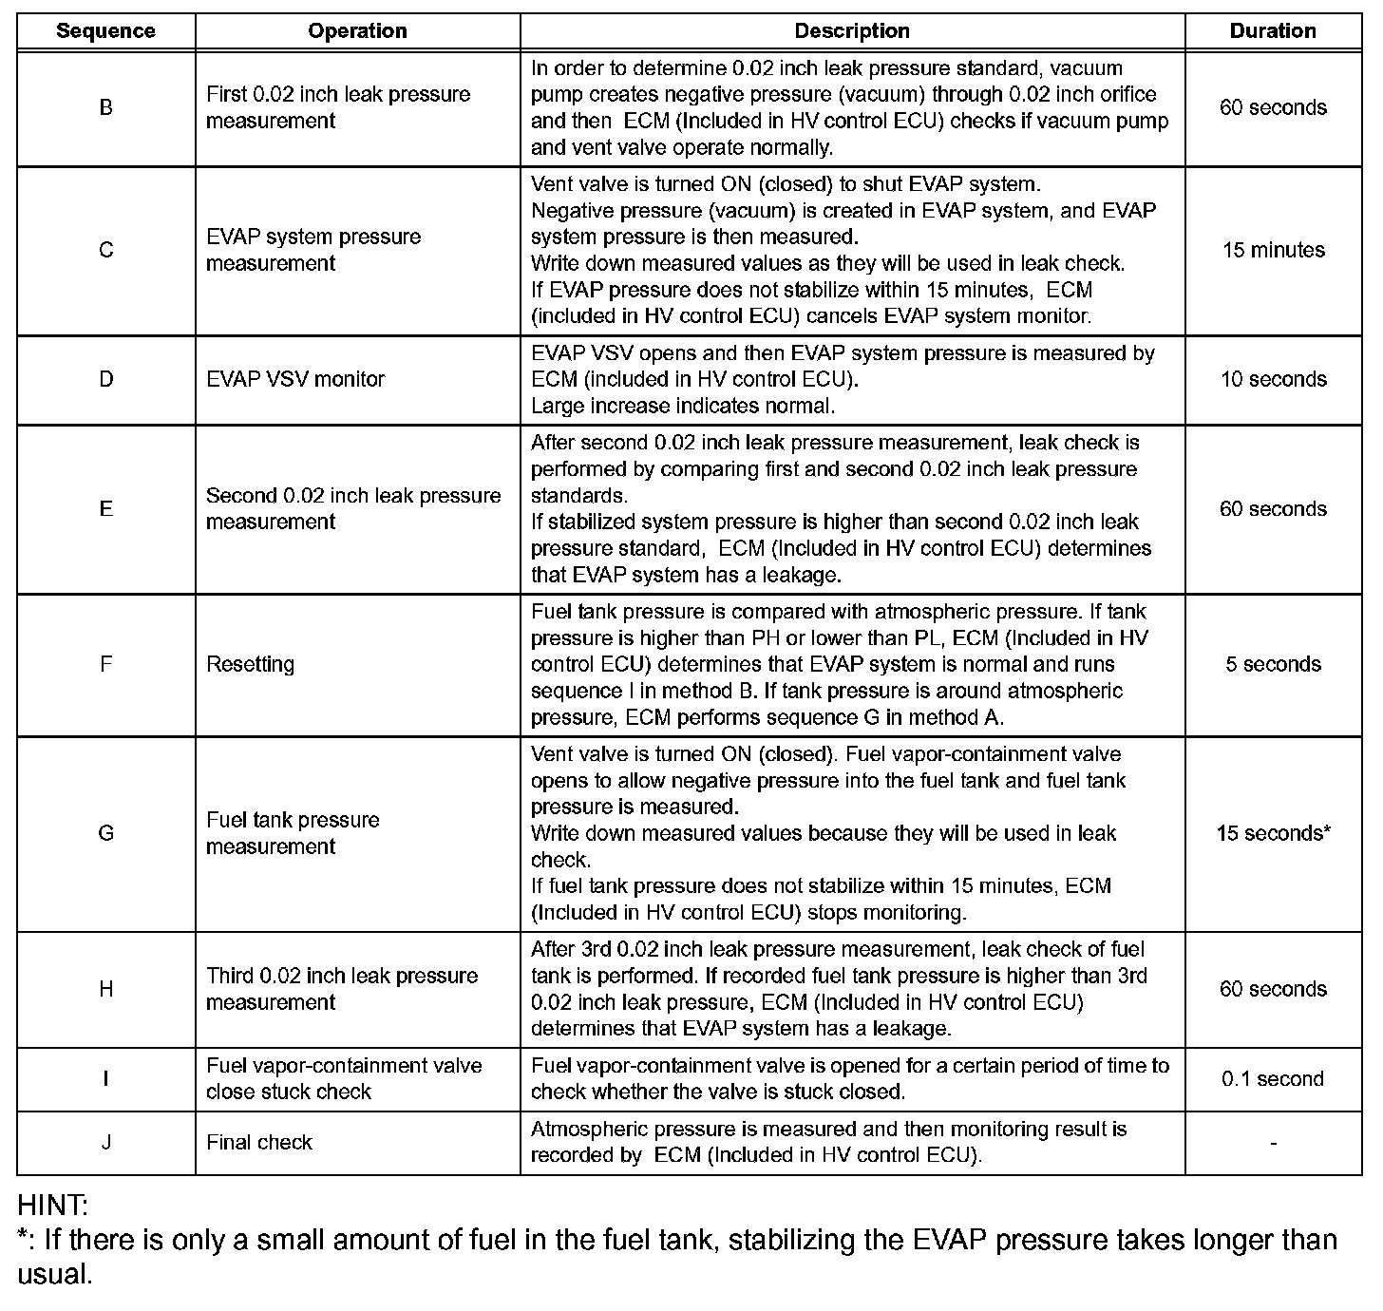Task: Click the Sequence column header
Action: point(105,31)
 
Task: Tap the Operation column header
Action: point(357,31)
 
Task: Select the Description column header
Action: point(852,31)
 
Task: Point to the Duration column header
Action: point(1273,31)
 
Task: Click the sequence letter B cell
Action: point(105,107)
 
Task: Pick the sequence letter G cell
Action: point(105,833)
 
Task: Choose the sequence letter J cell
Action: point(105,1142)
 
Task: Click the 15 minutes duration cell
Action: point(1273,250)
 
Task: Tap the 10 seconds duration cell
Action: point(1273,379)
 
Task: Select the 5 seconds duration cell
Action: point(1273,664)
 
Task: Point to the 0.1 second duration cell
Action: point(1273,1079)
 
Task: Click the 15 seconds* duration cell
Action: point(1273,833)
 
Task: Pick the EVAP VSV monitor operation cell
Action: point(295,379)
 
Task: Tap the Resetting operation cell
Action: point(250,664)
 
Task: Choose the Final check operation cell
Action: point(259,1142)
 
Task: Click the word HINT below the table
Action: point(52,1206)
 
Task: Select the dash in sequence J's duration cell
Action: point(1273,1143)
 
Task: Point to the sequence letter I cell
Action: point(105,1079)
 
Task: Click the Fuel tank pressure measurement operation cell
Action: point(293,833)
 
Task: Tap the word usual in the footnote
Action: point(54,1274)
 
